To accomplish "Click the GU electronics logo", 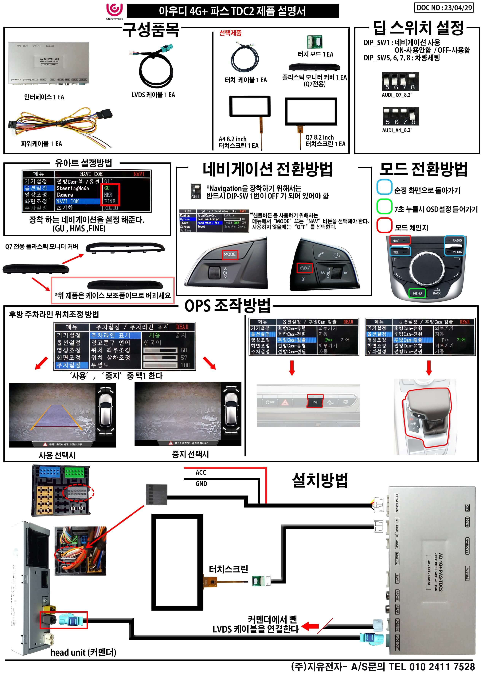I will point(114,11).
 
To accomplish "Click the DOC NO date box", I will point(444,8).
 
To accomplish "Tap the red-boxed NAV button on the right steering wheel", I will point(304,268).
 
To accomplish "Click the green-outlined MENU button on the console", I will point(417,293).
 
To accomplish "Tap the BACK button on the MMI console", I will point(437,292).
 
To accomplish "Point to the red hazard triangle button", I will point(285,402).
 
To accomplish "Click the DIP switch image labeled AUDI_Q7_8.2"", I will point(400,81).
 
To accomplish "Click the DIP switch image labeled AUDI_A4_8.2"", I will point(401,116).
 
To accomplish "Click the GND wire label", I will point(201,484).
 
